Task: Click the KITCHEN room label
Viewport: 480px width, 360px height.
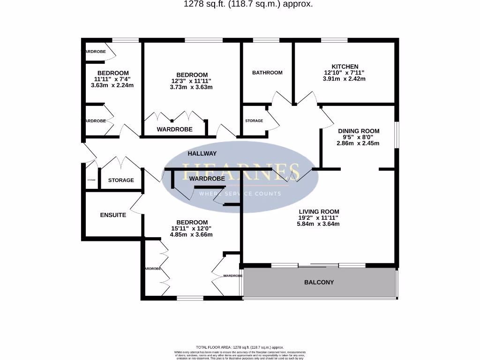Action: click(345, 67)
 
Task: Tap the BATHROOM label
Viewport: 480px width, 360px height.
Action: click(267, 73)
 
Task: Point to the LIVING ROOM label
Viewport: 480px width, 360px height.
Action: click(318, 211)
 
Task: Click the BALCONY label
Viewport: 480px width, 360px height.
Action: click(319, 282)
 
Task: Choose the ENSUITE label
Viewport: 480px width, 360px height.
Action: click(113, 215)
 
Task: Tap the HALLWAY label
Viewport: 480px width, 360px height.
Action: click(202, 153)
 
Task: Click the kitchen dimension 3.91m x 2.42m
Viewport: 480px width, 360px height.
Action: click(345, 79)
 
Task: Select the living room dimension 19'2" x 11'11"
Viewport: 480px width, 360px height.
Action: click(318, 217)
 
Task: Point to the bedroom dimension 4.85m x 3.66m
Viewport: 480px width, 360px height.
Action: click(191, 234)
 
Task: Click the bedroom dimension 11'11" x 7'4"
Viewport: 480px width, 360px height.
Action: click(112, 79)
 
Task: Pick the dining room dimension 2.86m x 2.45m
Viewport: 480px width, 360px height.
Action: click(358, 143)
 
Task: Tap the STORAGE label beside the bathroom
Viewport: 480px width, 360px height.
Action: click(254, 121)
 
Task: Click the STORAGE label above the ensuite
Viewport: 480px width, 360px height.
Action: click(121, 180)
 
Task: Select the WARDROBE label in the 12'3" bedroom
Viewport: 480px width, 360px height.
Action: click(174, 129)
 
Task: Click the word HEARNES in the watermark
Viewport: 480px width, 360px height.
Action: click(240, 171)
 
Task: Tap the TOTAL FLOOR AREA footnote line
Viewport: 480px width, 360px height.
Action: click(240, 347)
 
